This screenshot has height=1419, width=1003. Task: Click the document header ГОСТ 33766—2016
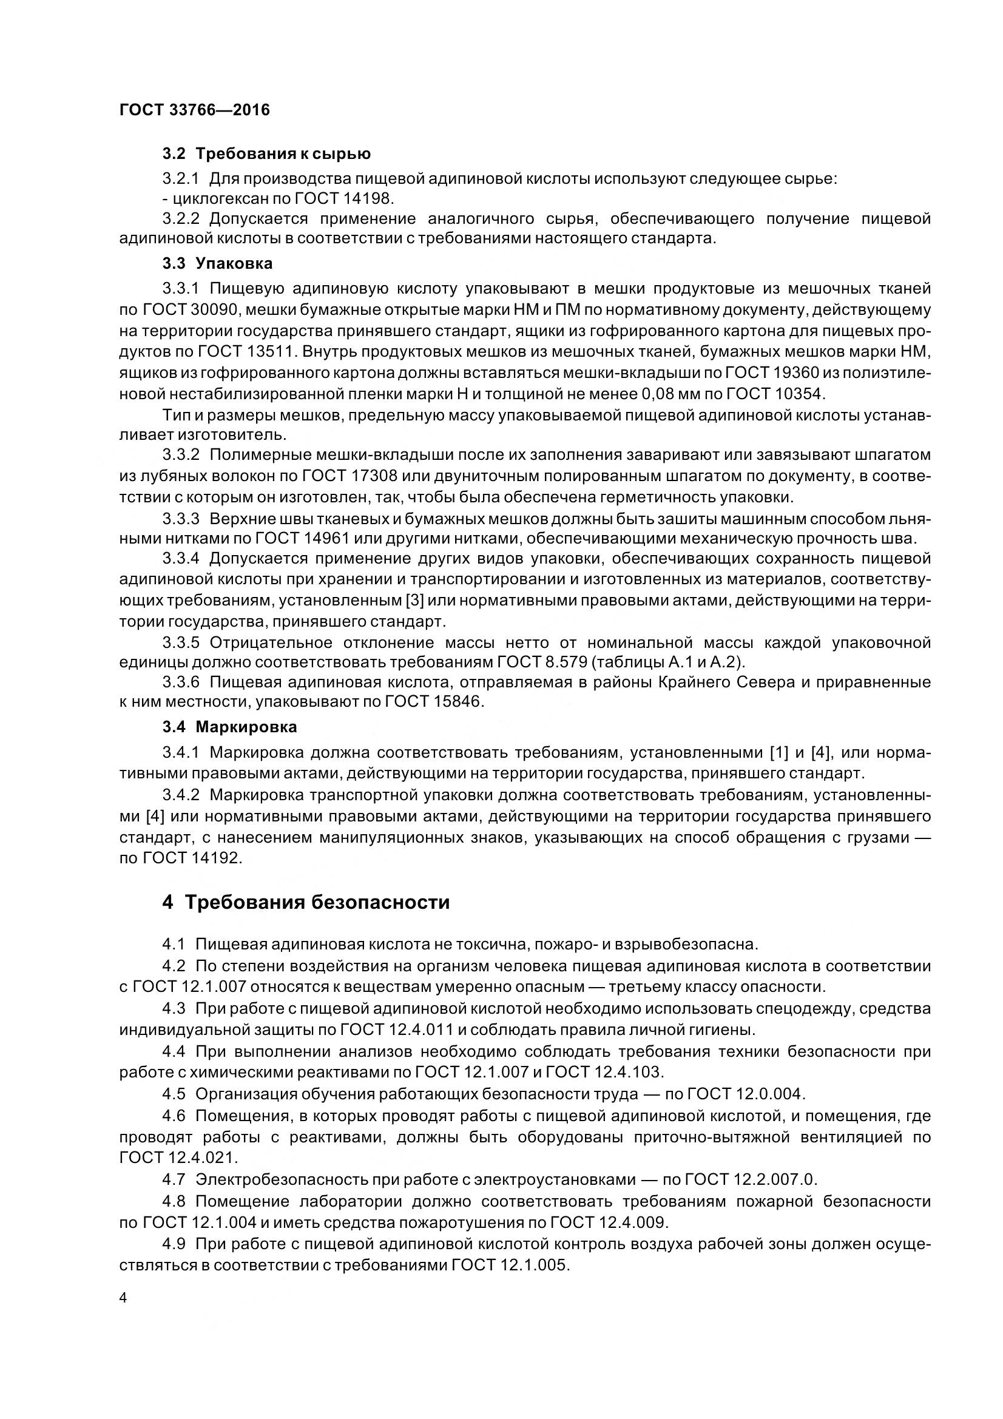[195, 110]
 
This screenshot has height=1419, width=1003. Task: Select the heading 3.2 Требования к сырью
[266, 153]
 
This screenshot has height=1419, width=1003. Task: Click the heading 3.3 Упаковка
[218, 263]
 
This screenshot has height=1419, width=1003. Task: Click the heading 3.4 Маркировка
[230, 727]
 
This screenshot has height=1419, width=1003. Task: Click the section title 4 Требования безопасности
[306, 902]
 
